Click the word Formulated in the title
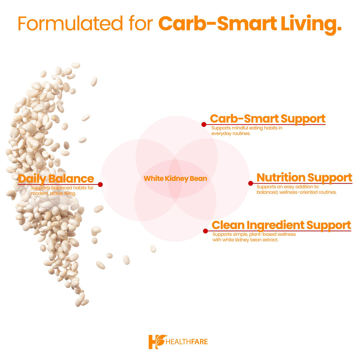[70, 23]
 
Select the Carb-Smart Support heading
[268, 119]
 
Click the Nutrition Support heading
[305, 177]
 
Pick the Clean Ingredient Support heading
[282, 225]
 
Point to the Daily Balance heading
[56, 179]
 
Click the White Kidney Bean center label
[175, 179]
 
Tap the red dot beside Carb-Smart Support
[204, 125]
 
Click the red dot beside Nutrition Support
[251, 183]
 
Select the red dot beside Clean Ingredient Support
[206, 231]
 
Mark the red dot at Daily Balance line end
[100, 184]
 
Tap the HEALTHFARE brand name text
[186, 342]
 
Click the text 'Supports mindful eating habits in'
[247, 128]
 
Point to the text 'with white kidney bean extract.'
[246, 240]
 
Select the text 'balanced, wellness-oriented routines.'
[297, 192]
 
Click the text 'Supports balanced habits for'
[62, 188]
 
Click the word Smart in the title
[247, 23]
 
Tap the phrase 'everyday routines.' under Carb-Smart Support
[231, 134]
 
